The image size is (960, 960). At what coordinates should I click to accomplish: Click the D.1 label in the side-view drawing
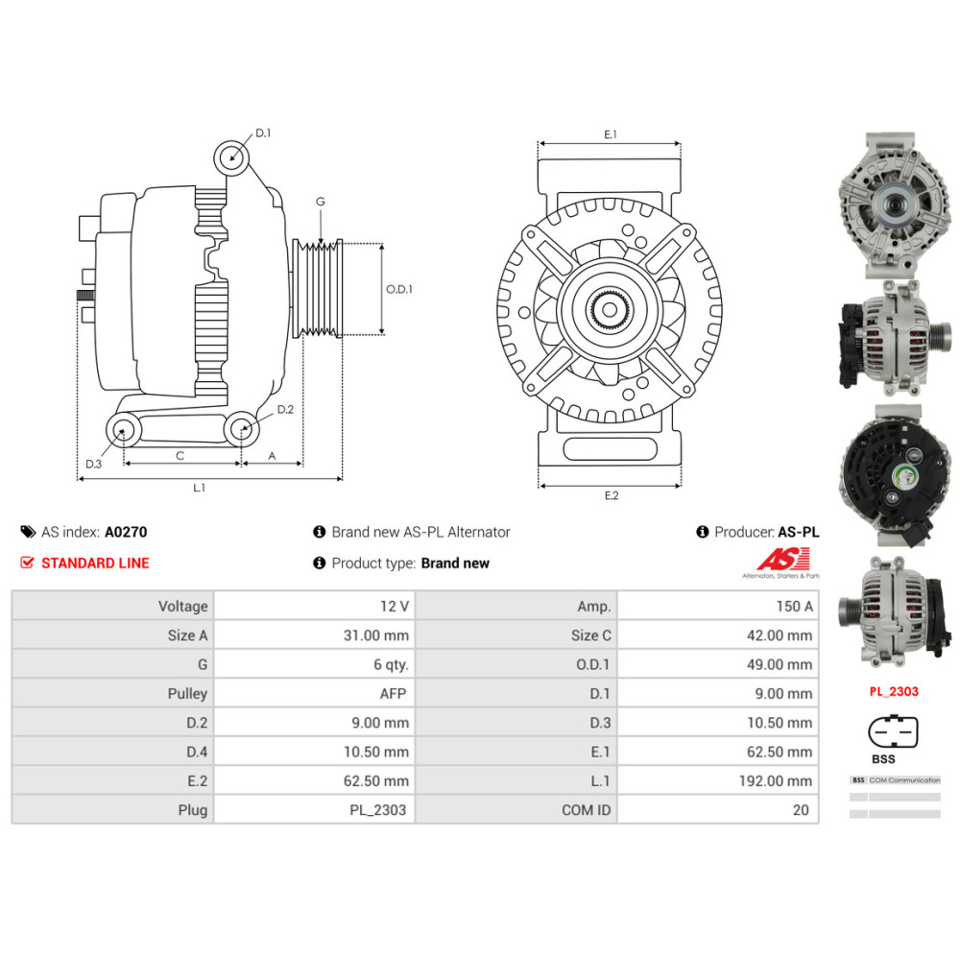263,133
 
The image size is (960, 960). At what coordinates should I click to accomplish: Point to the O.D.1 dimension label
398,289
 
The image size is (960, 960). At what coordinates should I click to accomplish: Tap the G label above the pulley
321,202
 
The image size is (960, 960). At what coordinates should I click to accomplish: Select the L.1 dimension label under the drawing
199,488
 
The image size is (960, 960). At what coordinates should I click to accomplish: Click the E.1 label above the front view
610,135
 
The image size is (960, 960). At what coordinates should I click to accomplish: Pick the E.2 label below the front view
612,495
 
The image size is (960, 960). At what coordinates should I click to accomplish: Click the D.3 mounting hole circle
122,431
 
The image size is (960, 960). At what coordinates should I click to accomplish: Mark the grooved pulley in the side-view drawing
318,288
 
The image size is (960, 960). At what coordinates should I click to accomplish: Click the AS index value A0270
126,532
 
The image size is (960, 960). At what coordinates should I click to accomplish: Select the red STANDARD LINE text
95,564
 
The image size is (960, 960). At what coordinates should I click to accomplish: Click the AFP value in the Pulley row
395,694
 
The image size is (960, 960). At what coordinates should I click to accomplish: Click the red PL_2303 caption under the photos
894,691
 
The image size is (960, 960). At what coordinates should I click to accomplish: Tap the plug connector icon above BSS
893,732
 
